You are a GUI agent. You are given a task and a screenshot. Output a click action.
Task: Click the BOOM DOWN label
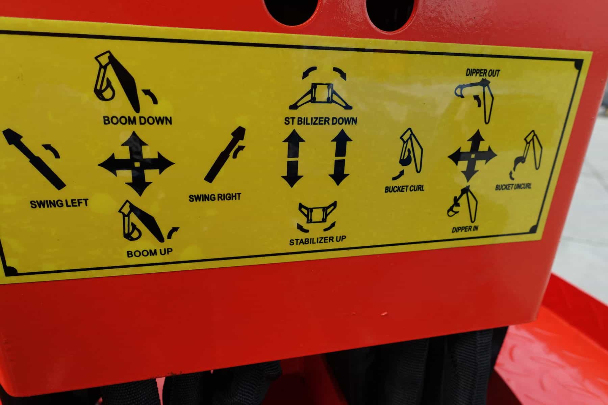click(x=137, y=120)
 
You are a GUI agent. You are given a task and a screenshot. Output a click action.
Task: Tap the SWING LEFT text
click(x=59, y=204)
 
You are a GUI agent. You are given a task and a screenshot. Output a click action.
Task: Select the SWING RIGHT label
click(x=215, y=197)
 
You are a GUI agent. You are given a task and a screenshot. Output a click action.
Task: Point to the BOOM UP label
click(x=150, y=253)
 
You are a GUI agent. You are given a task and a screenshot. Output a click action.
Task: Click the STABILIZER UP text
click(x=318, y=240)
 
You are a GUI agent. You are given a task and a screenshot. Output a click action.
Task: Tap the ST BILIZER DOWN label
click(x=321, y=120)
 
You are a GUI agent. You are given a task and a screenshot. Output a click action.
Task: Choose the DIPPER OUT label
click(x=483, y=73)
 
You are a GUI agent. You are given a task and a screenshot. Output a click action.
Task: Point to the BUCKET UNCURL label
click(x=513, y=187)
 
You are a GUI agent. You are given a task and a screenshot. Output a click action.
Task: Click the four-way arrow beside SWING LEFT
click(x=136, y=164)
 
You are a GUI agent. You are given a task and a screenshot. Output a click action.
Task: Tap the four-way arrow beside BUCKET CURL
click(x=472, y=156)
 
